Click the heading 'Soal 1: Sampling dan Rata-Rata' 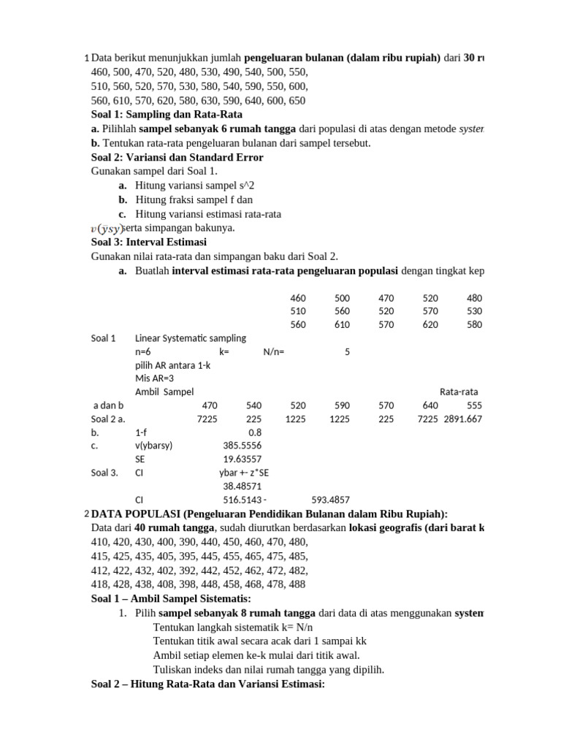pos(167,115)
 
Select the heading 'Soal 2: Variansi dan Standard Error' pos(177,157)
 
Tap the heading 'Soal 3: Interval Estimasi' pos(149,242)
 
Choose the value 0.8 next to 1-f pos(255,432)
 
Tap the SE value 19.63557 pos(242,459)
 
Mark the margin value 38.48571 pos(242,486)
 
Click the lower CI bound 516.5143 pos(242,500)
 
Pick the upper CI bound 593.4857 pos(331,500)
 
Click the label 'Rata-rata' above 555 pos(460,392)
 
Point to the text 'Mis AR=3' pos(155,378)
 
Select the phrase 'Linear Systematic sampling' pos(191,338)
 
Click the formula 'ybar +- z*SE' pos(244,473)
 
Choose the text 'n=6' pos(143,351)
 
